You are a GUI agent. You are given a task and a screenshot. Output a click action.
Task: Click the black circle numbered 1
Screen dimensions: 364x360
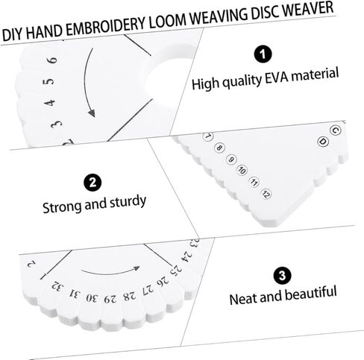coord(263,54)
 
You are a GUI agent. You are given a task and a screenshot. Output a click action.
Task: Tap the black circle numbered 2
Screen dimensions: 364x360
coord(92,183)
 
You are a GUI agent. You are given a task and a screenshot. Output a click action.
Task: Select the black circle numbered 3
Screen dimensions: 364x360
coord(282,276)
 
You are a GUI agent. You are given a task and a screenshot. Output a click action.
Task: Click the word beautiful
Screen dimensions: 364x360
coord(310,293)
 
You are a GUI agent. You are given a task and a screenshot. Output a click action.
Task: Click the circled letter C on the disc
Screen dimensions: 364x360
coord(336,130)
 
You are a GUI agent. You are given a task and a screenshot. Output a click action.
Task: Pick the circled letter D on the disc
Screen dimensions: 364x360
coord(323,142)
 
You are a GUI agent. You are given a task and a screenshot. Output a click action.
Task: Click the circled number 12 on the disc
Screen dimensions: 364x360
coord(266,194)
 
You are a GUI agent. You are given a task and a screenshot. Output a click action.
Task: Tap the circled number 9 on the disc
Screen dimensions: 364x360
coord(231,160)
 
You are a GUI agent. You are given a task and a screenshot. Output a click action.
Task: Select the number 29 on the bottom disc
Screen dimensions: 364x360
coord(110,299)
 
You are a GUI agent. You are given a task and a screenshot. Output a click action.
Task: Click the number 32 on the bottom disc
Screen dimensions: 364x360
coord(57,287)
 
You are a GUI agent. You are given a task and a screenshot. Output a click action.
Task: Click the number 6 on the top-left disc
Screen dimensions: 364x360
coord(53,60)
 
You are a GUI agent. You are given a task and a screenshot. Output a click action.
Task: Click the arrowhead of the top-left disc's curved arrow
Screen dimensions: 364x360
coord(92,113)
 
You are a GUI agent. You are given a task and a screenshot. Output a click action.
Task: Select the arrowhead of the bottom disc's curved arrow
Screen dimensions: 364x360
coord(136,268)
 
